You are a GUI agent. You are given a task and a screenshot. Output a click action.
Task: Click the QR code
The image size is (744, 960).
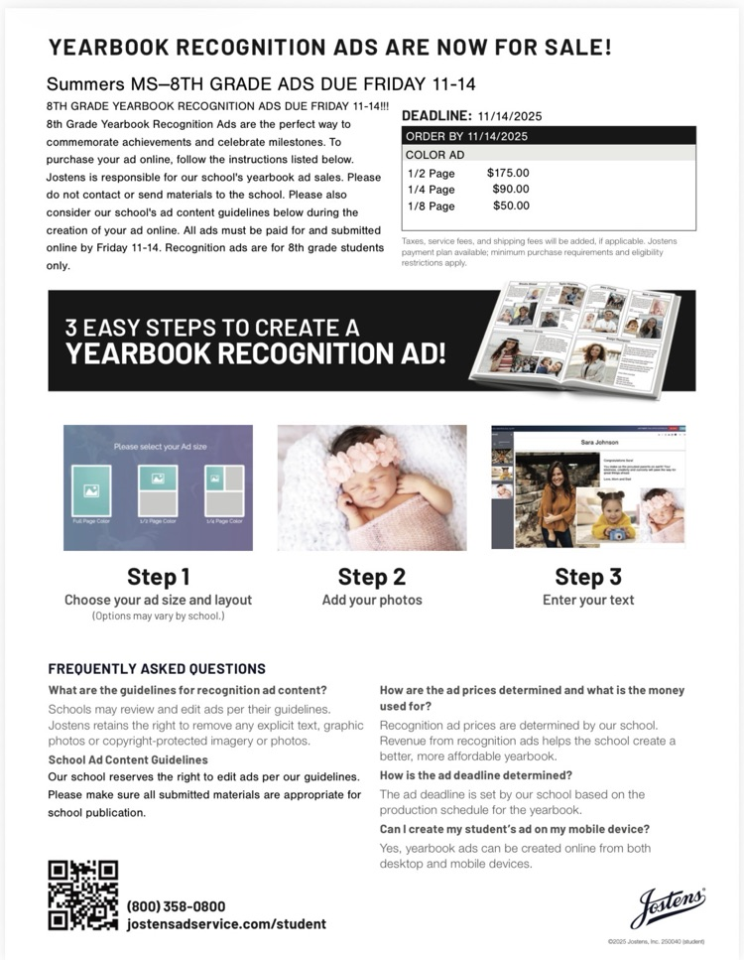coord(83,895)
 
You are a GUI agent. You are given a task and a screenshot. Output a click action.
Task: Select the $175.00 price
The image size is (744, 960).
coord(508,173)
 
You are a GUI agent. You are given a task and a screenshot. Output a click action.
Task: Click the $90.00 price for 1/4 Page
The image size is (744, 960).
coord(510,189)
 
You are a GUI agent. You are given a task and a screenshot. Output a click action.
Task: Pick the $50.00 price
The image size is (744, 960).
coord(511,206)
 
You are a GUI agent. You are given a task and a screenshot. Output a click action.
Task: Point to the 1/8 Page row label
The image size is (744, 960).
coord(431,206)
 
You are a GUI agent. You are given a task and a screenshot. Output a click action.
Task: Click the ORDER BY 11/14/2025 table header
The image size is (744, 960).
coord(466,136)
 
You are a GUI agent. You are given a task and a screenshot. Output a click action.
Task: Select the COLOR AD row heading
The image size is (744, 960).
coord(434,155)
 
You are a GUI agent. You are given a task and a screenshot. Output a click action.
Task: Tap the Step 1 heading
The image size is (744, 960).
coord(158,577)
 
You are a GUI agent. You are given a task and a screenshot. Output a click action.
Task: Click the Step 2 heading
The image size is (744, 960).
coord(371,577)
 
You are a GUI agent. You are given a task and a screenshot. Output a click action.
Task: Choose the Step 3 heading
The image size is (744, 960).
coord(587,577)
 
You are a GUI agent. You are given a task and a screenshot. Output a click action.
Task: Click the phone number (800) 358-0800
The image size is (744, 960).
coord(176,906)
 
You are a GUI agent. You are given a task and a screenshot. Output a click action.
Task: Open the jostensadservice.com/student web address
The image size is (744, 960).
coord(226,924)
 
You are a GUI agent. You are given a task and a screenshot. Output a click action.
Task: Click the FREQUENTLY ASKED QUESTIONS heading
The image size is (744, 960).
coord(157,669)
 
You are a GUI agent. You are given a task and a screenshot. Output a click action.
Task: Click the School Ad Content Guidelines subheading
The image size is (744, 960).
coord(127,759)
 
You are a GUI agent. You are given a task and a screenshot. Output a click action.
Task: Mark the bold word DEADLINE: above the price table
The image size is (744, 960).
coord(436,116)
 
